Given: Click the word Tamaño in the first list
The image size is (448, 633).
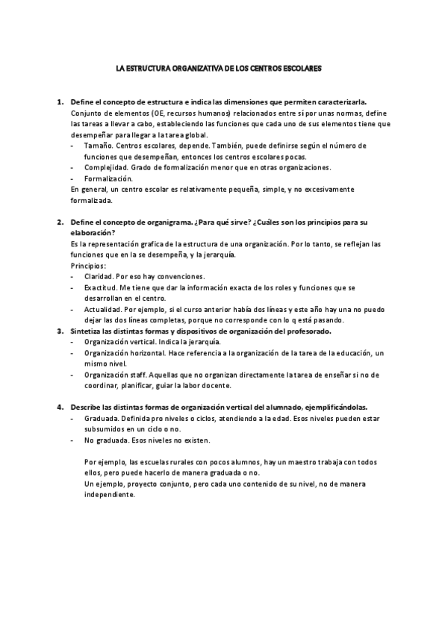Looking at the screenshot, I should click(97, 146).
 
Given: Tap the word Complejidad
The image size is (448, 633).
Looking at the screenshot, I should click(105, 167).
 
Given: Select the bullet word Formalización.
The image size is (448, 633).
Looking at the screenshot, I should click(108, 178).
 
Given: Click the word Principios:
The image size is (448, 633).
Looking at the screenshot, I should click(89, 266).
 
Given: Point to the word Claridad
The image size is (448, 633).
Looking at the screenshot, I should click(99, 277).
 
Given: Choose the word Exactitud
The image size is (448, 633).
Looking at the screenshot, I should click(100, 287).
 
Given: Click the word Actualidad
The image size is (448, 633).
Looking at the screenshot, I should click(102, 309).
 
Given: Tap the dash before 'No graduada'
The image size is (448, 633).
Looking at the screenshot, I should click(72, 440).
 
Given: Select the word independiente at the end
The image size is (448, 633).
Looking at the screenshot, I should click(108, 495).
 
